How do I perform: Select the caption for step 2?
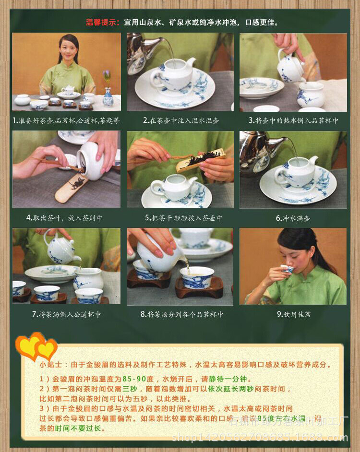(180, 120)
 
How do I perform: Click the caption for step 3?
(293, 120)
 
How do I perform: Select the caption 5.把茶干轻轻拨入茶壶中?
(180, 218)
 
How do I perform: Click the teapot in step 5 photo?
(173, 187)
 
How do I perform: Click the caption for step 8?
(180, 314)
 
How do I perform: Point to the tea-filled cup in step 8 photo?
(197, 277)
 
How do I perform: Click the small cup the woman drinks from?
(287, 269)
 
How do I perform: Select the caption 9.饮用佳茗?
(293, 314)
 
